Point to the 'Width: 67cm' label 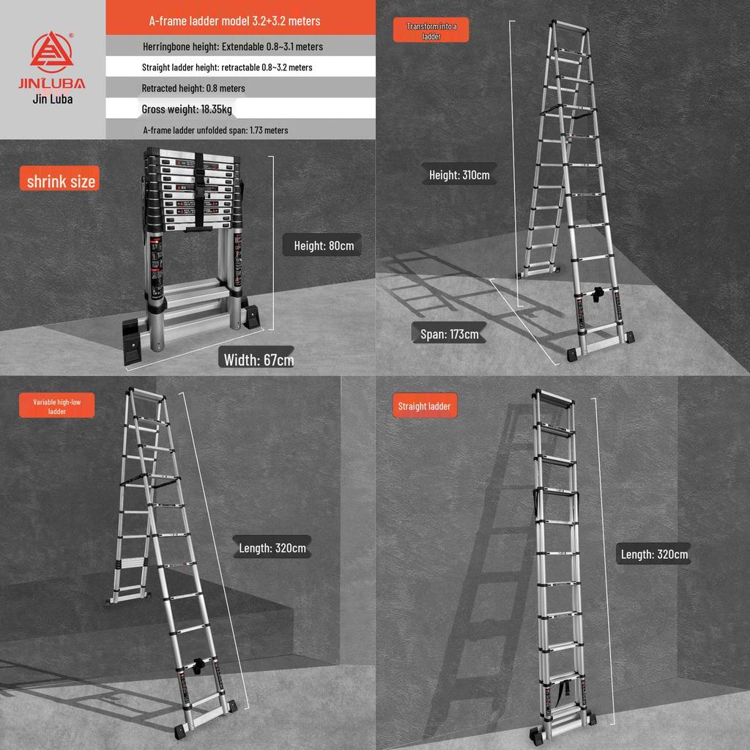[x=259, y=359]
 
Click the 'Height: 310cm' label [x=459, y=175]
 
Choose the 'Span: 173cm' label [x=449, y=334]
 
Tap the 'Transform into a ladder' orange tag [x=431, y=31]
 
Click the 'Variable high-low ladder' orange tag [x=57, y=406]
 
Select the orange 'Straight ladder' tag [x=424, y=406]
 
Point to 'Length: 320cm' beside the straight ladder [x=654, y=554]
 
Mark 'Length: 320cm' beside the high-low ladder [x=272, y=547]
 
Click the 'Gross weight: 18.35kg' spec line [x=187, y=109]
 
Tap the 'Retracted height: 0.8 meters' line [x=193, y=88]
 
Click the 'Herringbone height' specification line [x=233, y=46]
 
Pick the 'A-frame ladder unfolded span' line [x=215, y=130]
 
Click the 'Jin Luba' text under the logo [x=53, y=99]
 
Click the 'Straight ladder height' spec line [x=227, y=67]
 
